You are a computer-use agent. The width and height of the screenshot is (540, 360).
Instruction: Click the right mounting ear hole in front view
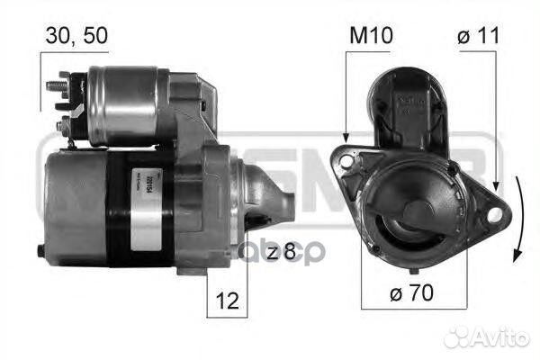pyautogui.click(x=491, y=212)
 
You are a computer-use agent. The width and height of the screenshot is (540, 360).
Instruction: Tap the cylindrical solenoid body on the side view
pyautogui.click(x=126, y=106)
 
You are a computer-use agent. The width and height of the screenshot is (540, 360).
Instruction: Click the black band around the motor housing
pyautogui.click(x=127, y=211)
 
